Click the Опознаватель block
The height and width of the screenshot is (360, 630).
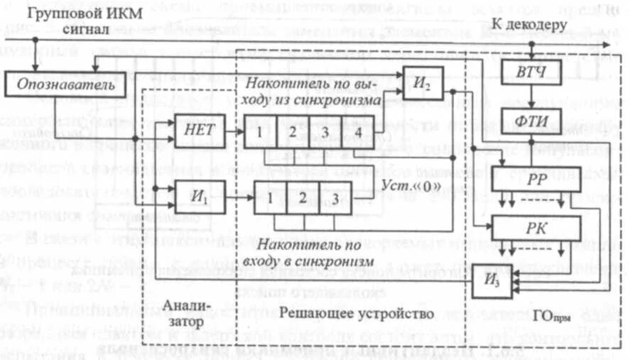tap(58, 86)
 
